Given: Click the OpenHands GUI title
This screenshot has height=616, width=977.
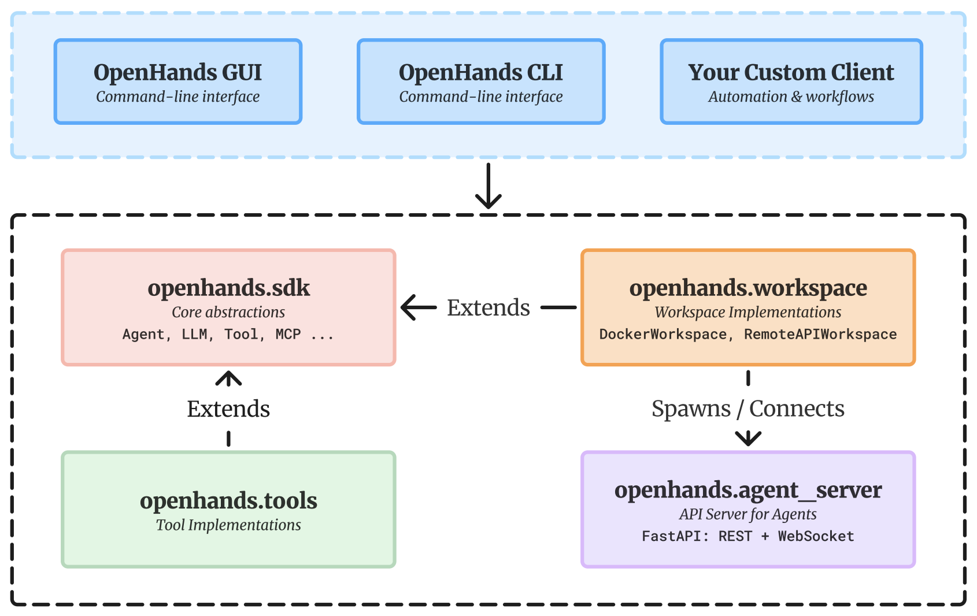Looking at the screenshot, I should coord(177,73).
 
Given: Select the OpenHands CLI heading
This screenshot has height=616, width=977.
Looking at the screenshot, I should coord(480,73).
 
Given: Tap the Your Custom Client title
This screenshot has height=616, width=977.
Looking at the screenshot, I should coord(790,73).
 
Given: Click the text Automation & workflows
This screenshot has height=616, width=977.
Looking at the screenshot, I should coord(790,97).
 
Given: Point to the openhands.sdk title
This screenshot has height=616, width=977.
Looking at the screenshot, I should coord(228,288).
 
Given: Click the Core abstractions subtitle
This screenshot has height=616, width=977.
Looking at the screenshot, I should coord(228,312).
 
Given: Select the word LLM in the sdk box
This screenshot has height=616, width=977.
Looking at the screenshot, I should coord(194,335).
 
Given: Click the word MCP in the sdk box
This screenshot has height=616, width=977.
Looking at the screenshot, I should coord(288,335).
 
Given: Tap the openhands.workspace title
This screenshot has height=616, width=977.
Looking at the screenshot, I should coord(747,288).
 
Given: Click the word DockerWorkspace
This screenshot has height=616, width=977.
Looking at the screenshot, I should coord(663,335).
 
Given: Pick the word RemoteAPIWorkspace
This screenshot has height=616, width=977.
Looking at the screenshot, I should coord(820,335).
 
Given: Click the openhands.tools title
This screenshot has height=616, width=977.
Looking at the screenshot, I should coord(228,500).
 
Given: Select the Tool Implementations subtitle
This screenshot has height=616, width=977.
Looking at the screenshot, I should coord(228,525).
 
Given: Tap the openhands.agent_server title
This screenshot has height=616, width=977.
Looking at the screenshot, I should coord(747,490).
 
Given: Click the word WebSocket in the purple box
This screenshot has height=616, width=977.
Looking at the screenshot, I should coord(816,536).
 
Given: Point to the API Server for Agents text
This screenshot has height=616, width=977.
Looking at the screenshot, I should coord(747,514).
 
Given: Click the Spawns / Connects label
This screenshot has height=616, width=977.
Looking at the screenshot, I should coord(747,409).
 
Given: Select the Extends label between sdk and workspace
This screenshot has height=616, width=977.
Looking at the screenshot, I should coord(488,308).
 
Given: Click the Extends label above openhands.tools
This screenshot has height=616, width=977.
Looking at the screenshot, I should coord(228,409).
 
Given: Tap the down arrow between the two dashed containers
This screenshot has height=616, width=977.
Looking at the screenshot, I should coord(488,186).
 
